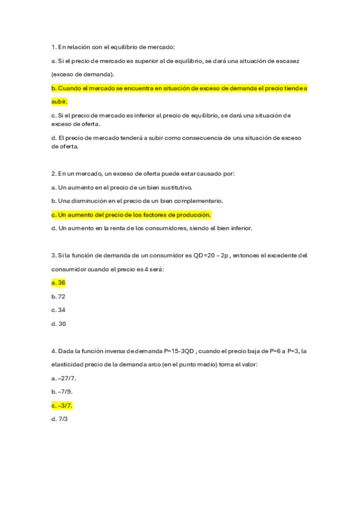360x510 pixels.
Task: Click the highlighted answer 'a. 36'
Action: [58, 282]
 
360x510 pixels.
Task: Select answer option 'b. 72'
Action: [58, 296]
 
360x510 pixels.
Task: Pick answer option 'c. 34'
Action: [58, 310]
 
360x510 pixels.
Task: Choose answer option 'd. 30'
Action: [59, 324]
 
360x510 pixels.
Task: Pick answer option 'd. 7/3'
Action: [60, 419]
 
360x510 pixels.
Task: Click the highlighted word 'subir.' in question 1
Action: [59, 102]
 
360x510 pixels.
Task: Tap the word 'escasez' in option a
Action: [290, 61]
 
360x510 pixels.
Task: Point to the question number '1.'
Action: [54, 47]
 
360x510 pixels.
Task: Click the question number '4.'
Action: [54, 351]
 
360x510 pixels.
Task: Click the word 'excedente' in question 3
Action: [281, 255]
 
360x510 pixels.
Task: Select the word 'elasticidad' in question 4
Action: [69, 364]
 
